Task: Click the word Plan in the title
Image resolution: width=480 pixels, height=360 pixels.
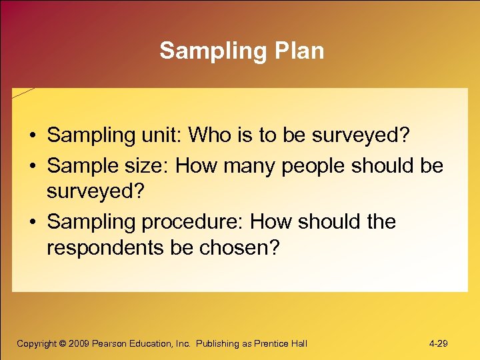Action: (x=298, y=51)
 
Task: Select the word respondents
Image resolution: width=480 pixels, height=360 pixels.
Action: (x=104, y=249)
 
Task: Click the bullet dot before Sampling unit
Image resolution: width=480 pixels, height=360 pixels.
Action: (x=32, y=136)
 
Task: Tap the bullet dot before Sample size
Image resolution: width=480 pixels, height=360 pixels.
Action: (x=32, y=165)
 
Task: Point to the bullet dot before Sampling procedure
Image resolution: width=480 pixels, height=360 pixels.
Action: (x=32, y=222)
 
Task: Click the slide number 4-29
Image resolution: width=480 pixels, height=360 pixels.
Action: (x=438, y=344)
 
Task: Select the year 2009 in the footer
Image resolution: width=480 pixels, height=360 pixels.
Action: (x=79, y=344)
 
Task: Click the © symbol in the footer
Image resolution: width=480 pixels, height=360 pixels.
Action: (x=62, y=344)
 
